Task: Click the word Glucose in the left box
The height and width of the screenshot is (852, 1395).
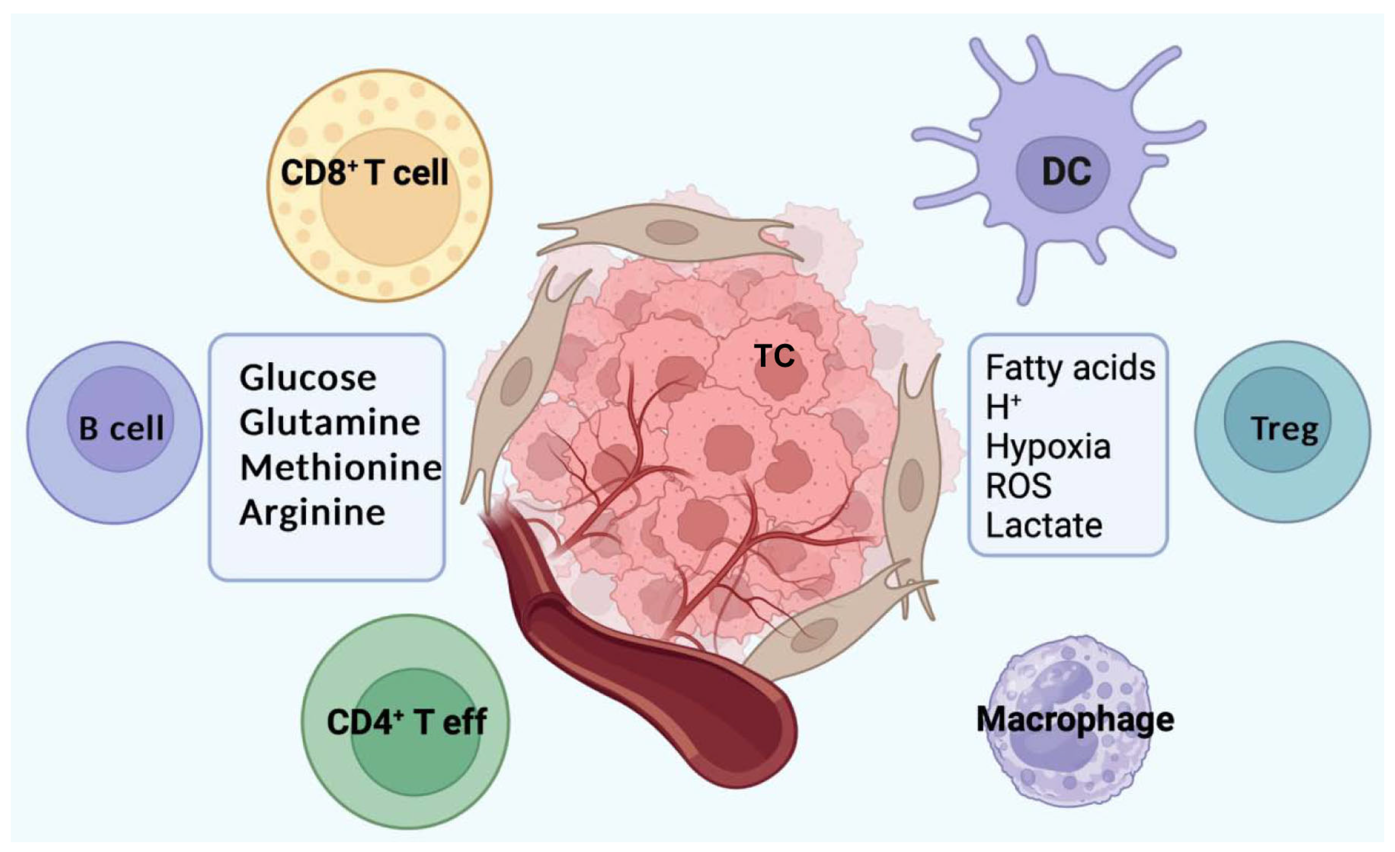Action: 308,378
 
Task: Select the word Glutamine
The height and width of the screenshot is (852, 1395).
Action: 330,423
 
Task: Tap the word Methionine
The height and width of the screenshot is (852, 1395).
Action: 340,468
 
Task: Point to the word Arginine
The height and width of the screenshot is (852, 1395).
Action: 312,513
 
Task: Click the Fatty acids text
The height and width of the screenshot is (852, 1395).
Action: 1070,368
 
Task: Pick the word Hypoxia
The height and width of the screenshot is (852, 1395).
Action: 1048,447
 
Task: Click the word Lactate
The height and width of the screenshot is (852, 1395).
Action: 1044,526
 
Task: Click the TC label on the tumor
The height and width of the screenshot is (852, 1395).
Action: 774,356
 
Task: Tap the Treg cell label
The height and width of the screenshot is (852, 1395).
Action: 1284,429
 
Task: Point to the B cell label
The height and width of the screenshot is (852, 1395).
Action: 120,428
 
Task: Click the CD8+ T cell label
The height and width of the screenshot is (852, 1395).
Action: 365,172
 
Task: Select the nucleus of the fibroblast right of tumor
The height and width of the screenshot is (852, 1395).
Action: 911,485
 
